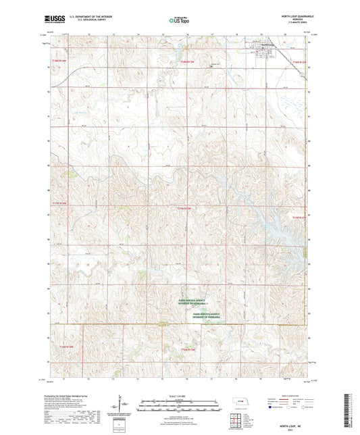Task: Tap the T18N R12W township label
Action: pyautogui.click(x=299, y=62)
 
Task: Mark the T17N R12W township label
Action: pyautogui.click(x=299, y=217)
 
